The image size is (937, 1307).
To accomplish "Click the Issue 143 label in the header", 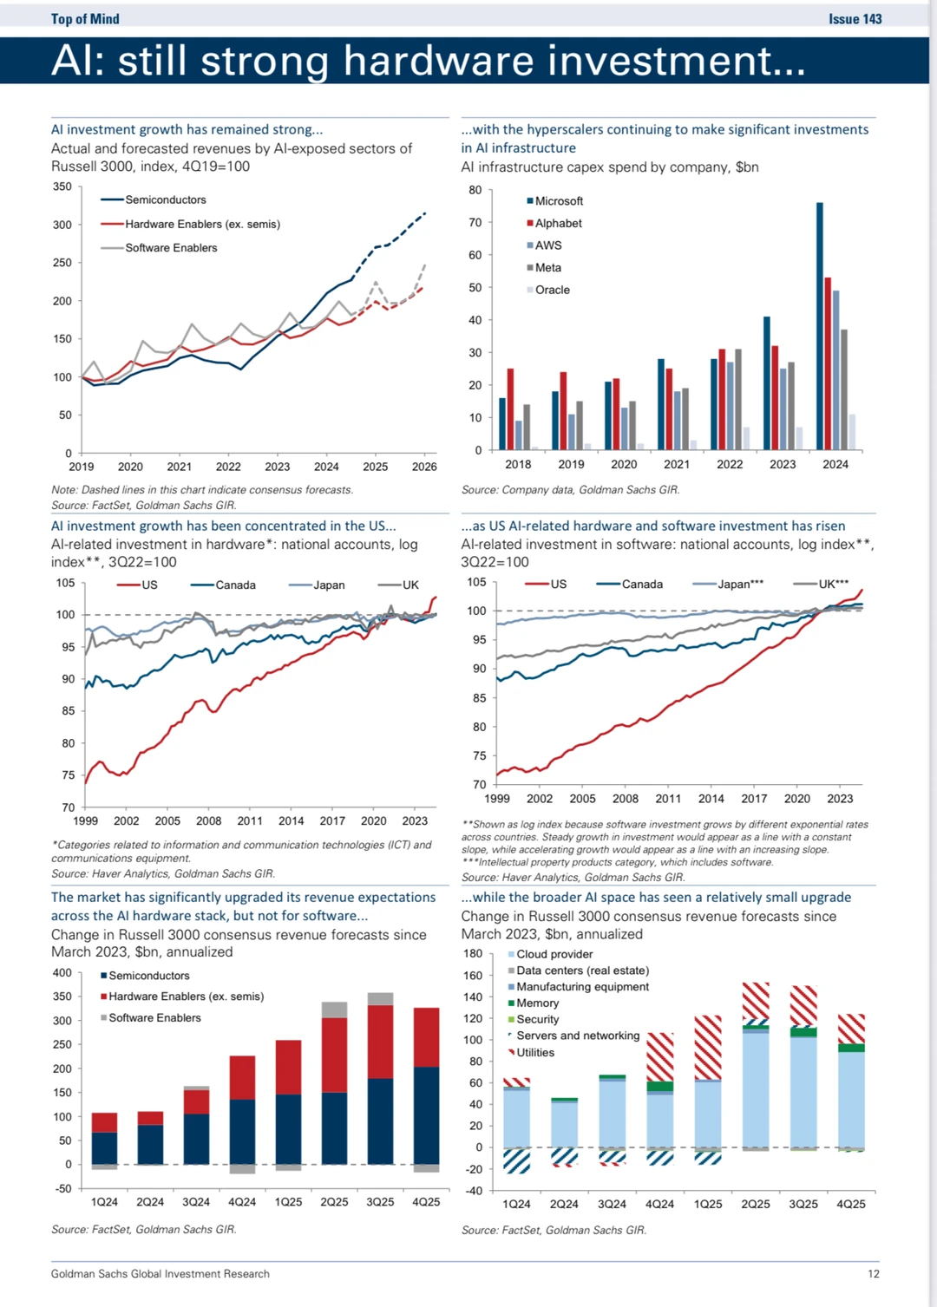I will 855,19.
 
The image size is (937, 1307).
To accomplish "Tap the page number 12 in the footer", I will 874,1274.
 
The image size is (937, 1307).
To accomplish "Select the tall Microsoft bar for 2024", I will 820,325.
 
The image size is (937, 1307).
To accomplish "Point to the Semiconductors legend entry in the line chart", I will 165,199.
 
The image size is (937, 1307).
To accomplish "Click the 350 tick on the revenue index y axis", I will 62,186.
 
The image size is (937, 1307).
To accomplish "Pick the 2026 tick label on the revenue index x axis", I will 424,467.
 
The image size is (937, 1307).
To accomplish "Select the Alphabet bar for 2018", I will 510,408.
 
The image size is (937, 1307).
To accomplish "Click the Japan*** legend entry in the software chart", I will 740,585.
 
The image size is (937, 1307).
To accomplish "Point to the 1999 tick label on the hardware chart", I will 86,820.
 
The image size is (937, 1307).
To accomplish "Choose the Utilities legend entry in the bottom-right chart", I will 534,1053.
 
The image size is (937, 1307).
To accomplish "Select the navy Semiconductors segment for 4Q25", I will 426,1114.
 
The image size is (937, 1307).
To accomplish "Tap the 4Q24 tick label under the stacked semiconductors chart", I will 242,1202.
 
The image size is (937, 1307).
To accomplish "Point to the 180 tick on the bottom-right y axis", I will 473,954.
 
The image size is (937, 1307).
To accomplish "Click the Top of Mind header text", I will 85,19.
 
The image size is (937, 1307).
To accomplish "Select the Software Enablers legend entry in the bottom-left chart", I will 154,1018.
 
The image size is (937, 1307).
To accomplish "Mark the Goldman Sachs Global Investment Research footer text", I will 161,1274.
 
